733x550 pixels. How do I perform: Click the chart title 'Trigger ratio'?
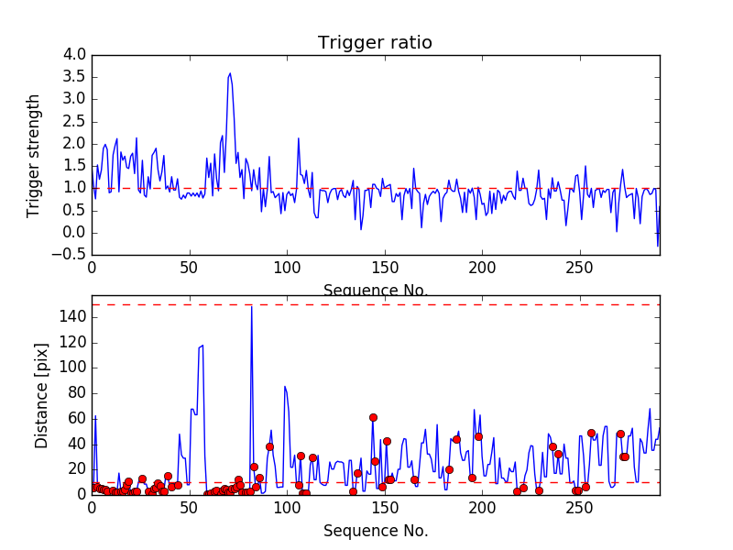point(375,42)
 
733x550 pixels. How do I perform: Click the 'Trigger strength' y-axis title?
point(34,155)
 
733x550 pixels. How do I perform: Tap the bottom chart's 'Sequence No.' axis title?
point(375,531)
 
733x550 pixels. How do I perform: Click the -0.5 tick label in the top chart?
point(71,255)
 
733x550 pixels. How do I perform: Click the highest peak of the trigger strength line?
point(230,73)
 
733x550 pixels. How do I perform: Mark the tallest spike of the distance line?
point(252,306)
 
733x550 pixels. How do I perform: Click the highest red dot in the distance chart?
point(373,417)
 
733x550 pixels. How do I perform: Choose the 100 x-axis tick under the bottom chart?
point(287,509)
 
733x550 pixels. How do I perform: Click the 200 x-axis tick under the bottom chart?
point(482,509)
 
